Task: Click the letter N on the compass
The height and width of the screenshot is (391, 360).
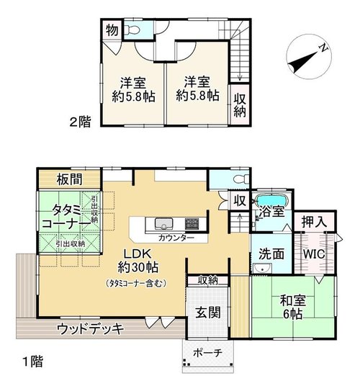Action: point(323,48)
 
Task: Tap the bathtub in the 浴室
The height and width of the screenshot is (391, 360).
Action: point(272,199)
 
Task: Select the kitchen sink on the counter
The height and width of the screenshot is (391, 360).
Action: point(163,223)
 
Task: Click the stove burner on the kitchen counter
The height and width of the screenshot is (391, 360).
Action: point(192,223)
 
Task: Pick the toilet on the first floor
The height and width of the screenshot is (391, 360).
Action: point(240,179)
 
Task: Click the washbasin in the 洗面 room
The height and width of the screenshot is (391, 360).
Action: point(262,268)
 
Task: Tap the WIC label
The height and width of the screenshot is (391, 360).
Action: point(314,254)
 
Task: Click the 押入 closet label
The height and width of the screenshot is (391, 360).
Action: point(314,222)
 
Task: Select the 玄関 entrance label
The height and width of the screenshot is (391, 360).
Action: point(207,313)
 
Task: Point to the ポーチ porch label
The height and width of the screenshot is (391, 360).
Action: point(207,353)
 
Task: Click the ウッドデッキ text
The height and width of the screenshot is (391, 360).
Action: point(90,328)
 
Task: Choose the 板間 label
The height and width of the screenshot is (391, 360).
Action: point(69,179)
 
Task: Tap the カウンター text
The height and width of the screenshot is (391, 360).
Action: point(176,238)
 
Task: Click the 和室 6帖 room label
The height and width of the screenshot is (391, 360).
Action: point(293,307)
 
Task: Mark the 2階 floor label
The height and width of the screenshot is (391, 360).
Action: point(80,122)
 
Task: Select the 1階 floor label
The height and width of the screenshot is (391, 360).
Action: point(33,361)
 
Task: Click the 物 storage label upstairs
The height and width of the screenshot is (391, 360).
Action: point(112,31)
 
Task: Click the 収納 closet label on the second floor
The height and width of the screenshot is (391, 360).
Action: point(240,106)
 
